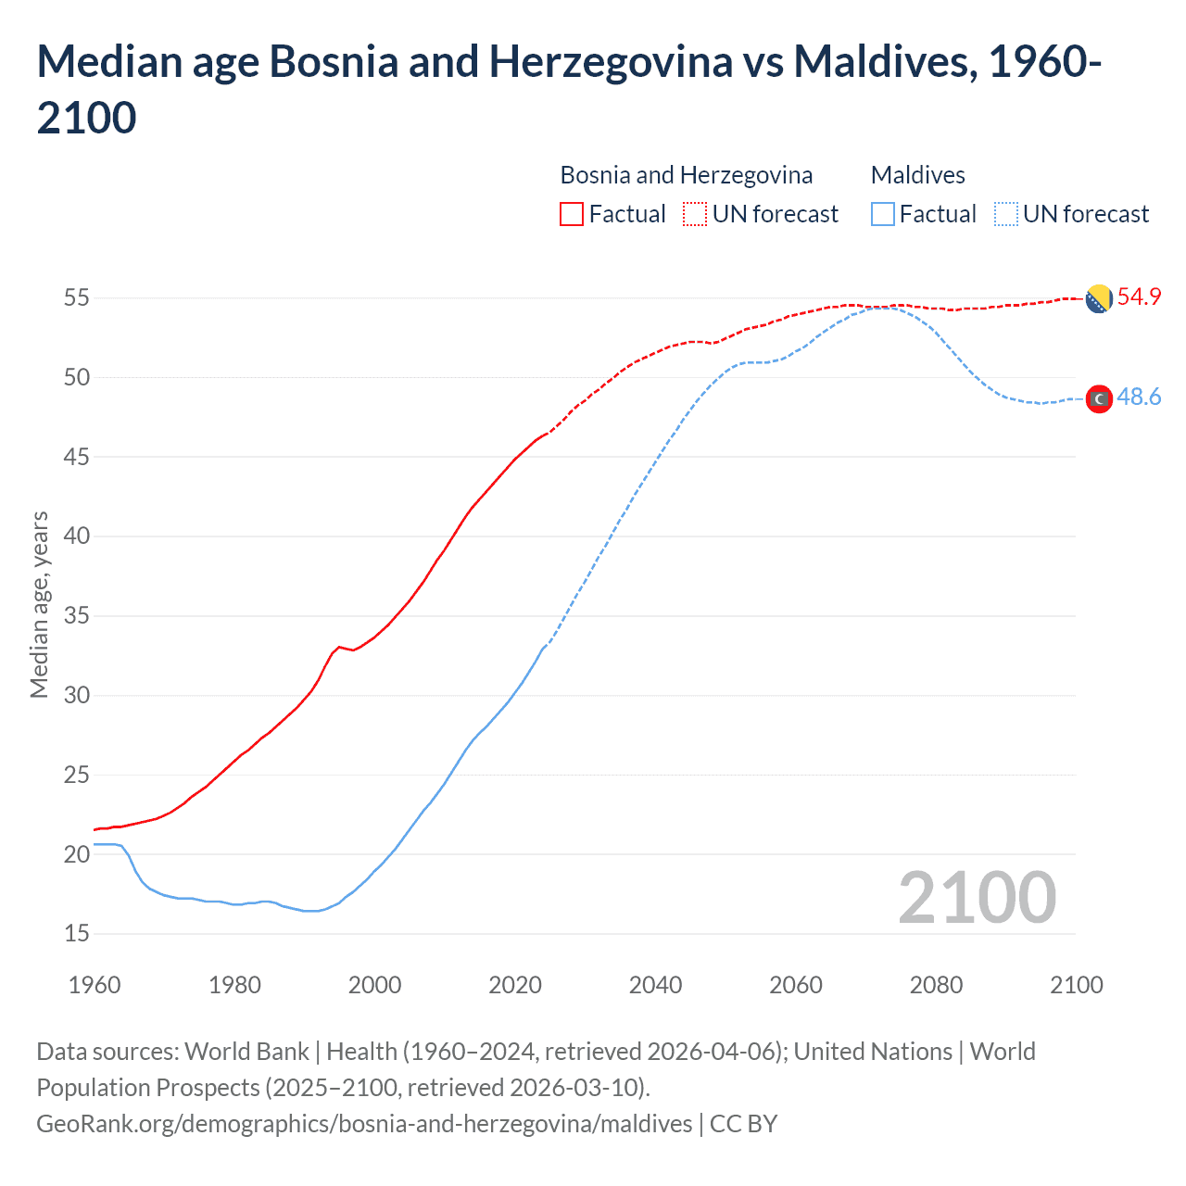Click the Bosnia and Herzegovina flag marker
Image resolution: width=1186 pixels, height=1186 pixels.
[1098, 299]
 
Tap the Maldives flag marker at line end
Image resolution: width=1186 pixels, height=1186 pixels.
[1099, 398]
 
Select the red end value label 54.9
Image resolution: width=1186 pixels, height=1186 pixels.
[1139, 296]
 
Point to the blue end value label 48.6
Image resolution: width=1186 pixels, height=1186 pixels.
[1139, 397]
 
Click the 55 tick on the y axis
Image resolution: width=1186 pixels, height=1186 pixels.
[76, 297]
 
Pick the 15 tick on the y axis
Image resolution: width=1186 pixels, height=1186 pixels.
[76, 933]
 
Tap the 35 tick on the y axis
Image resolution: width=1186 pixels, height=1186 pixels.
[76, 615]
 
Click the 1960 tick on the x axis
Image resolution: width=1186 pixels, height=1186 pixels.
[95, 985]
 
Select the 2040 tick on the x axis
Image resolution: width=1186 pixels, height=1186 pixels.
[655, 985]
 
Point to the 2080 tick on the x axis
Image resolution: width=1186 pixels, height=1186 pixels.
[936, 985]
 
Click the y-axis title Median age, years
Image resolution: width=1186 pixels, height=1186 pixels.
[39, 604]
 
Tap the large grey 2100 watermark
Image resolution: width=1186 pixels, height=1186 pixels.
[977, 897]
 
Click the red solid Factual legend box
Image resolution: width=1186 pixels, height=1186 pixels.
[572, 214]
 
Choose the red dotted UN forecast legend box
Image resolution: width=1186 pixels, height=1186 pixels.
[695, 214]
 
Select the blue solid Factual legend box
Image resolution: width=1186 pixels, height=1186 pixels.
[883, 214]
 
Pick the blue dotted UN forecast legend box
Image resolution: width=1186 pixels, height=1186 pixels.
[1006, 214]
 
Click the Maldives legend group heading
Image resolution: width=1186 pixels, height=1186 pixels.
[917, 175]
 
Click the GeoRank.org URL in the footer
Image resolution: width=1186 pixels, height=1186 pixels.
[364, 1124]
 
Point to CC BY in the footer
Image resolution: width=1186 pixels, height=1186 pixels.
[743, 1124]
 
